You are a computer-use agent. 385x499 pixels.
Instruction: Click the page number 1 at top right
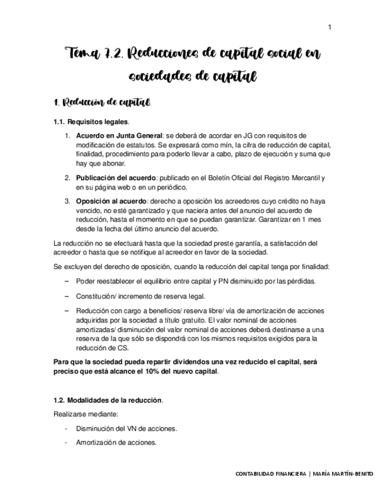(x=330, y=27)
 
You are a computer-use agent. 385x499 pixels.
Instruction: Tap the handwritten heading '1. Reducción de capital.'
(x=102, y=103)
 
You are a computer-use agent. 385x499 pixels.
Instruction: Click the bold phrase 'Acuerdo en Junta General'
(x=119, y=135)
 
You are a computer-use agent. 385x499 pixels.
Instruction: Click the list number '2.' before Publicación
(x=68, y=178)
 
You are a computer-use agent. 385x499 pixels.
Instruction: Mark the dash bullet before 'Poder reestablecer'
(x=67, y=281)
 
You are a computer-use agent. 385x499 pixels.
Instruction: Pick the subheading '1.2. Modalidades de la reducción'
(x=108, y=400)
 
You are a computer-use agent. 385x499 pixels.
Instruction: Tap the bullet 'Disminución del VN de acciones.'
(x=126, y=428)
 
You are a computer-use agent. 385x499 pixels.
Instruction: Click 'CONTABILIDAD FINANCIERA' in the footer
(x=270, y=474)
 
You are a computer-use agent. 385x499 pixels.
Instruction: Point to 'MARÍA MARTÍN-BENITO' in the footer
(x=343, y=474)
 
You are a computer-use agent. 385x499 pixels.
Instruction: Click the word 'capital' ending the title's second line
(x=231, y=77)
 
